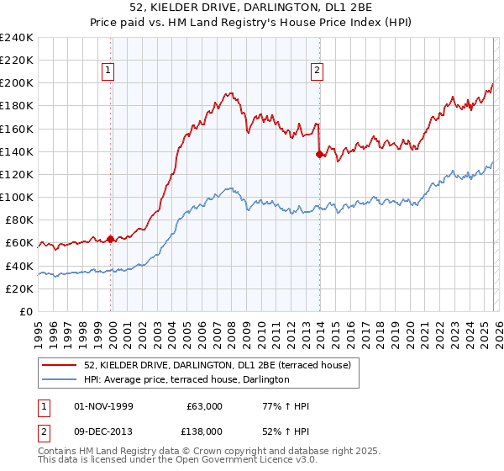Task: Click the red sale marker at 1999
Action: pyautogui.click(x=111, y=239)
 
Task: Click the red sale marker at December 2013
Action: pyautogui.click(x=319, y=154)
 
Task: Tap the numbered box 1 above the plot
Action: pyautogui.click(x=110, y=71)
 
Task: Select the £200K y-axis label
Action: pyautogui.click(x=17, y=83)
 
